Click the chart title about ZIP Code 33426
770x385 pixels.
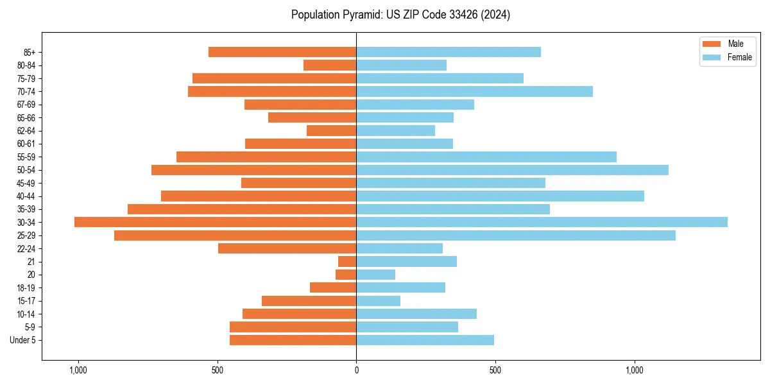[x=400, y=15]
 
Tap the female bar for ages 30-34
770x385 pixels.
[x=542, y=222]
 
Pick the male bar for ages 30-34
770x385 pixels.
[x=216, y=222]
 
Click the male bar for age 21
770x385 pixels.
[x=347, y=262]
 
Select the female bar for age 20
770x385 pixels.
[x=376, y=275]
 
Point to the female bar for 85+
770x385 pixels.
[x=449, y=52]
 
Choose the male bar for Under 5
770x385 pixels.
[x=293, y=340]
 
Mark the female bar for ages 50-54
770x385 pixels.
[x=512, y=170]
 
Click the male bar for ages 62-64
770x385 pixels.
[x=332, y=131]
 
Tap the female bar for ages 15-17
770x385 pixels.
[x=379, y=301]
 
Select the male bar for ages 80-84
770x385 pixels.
[x=330, y=65]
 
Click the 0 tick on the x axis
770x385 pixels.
[x=356, y=370]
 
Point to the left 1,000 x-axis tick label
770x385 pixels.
[x=78, y=370]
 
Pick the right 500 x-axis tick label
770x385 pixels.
[x=495, y=370]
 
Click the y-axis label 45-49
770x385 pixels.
[x=26, y=183]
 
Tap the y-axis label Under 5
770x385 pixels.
[x=22, y=340]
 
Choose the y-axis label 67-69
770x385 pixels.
[x=26, y=105]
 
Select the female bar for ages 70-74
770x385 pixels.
[x=474, y=92]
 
